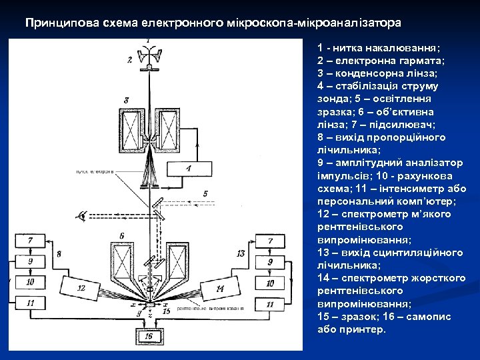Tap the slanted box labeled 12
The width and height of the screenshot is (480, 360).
pos(81,288)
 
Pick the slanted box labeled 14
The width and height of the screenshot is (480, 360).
pos(219,287)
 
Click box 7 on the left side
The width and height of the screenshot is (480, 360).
pos(30,241)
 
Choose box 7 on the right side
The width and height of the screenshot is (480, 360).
pos(271,241)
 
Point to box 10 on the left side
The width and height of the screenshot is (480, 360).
pos(30,283)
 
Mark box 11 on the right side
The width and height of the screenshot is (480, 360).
pos(271,303)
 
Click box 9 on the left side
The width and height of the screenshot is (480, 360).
pos(30,261)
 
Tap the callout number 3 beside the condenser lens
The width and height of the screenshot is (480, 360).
pos(126,100)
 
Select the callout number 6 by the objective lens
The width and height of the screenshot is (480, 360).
pos(121,236)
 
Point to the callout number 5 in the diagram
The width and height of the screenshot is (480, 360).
pos(206,193)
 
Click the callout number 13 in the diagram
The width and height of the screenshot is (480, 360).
pos(241,254)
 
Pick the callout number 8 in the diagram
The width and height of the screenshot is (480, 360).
pos(59,254)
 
